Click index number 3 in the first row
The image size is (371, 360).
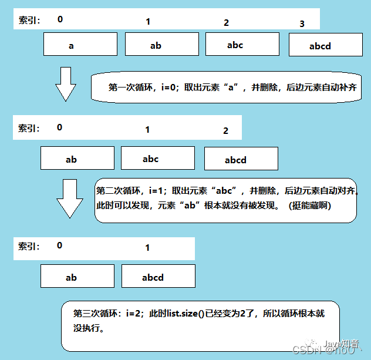click(x=302, y=24)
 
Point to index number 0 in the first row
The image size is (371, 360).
click(x=60, y=19)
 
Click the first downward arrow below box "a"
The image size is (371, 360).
click(x=65, y=83)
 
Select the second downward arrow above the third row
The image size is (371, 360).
click(x=68, y=200)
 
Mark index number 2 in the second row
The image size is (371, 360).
click(x=225, y=131)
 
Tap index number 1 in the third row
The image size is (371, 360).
click(x=147, y=248)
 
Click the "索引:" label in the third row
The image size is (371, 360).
click(x=29, y=247)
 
